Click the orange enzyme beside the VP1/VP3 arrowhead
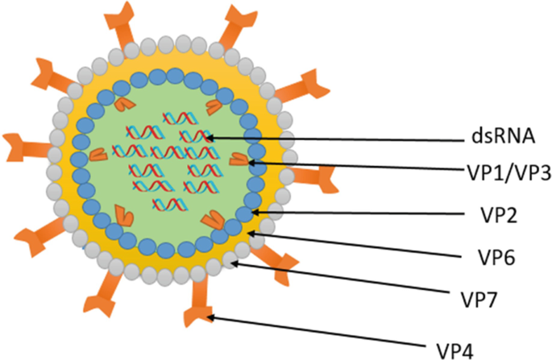point(239,161)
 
